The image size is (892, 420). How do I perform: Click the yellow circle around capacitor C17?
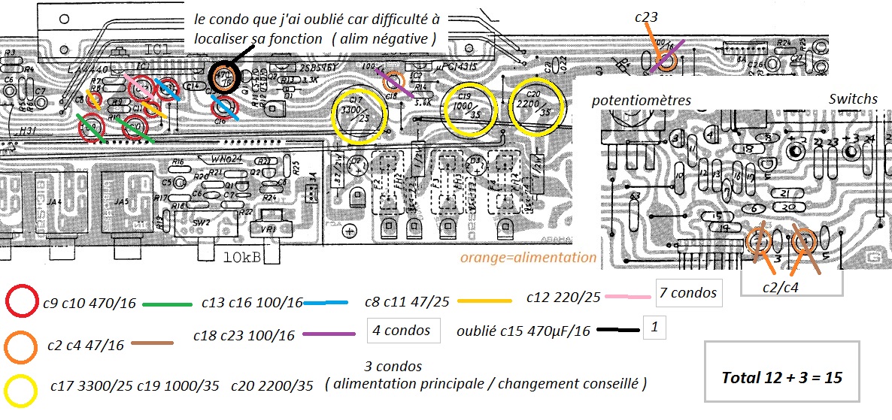pyautogui.click(x=360, y=115)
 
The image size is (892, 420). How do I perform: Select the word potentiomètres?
pyautogui.click(x=641, y=100)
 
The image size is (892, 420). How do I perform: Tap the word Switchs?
pyautogui.click(x=853, y=98)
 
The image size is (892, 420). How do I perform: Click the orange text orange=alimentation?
pyautogui.click(x=528, y=258)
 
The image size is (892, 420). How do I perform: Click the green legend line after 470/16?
pyautogui.click(x=166, y=304)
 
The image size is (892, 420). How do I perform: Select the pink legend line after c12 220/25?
pyautogui.click(x=627, y=295)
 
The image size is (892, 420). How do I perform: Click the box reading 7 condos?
pyautogui.click(x=688, y=293)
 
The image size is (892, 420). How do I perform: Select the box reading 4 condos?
pyautogui.click(x=403, y=330)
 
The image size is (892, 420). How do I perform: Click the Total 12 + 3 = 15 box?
pyautogui.click(x=781, y=378)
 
